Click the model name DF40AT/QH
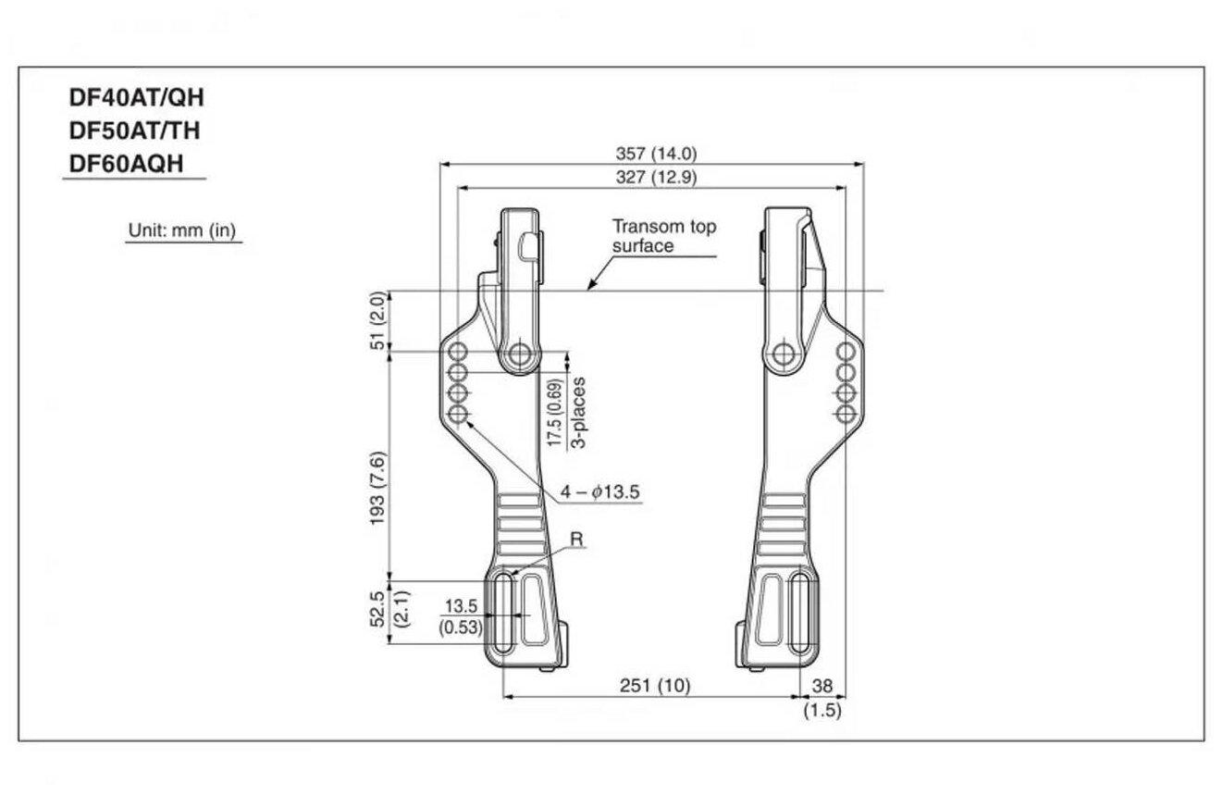pyautogui.click(x=135, y=98)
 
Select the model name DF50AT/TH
pyautogui.click(x=135, y=130)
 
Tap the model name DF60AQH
pyautogui.click(x=127, y=163)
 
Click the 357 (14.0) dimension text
pyautogui.click(x=656, y=154)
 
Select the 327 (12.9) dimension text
pyautogui.click(x=656, y=177)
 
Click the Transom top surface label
pyautogui.click(x=663, y=236)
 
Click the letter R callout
pyautogui.click(x=576, y=539)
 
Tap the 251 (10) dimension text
pyautogui.click(x=656, y=686)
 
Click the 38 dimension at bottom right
pyautogui.click(x=822, y=686)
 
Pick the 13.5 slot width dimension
pyautogui.click(x=460, y=606)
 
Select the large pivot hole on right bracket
pyautogui.click(x=784, y=353)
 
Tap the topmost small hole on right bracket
pyautogui.click(x=845, y=352)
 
